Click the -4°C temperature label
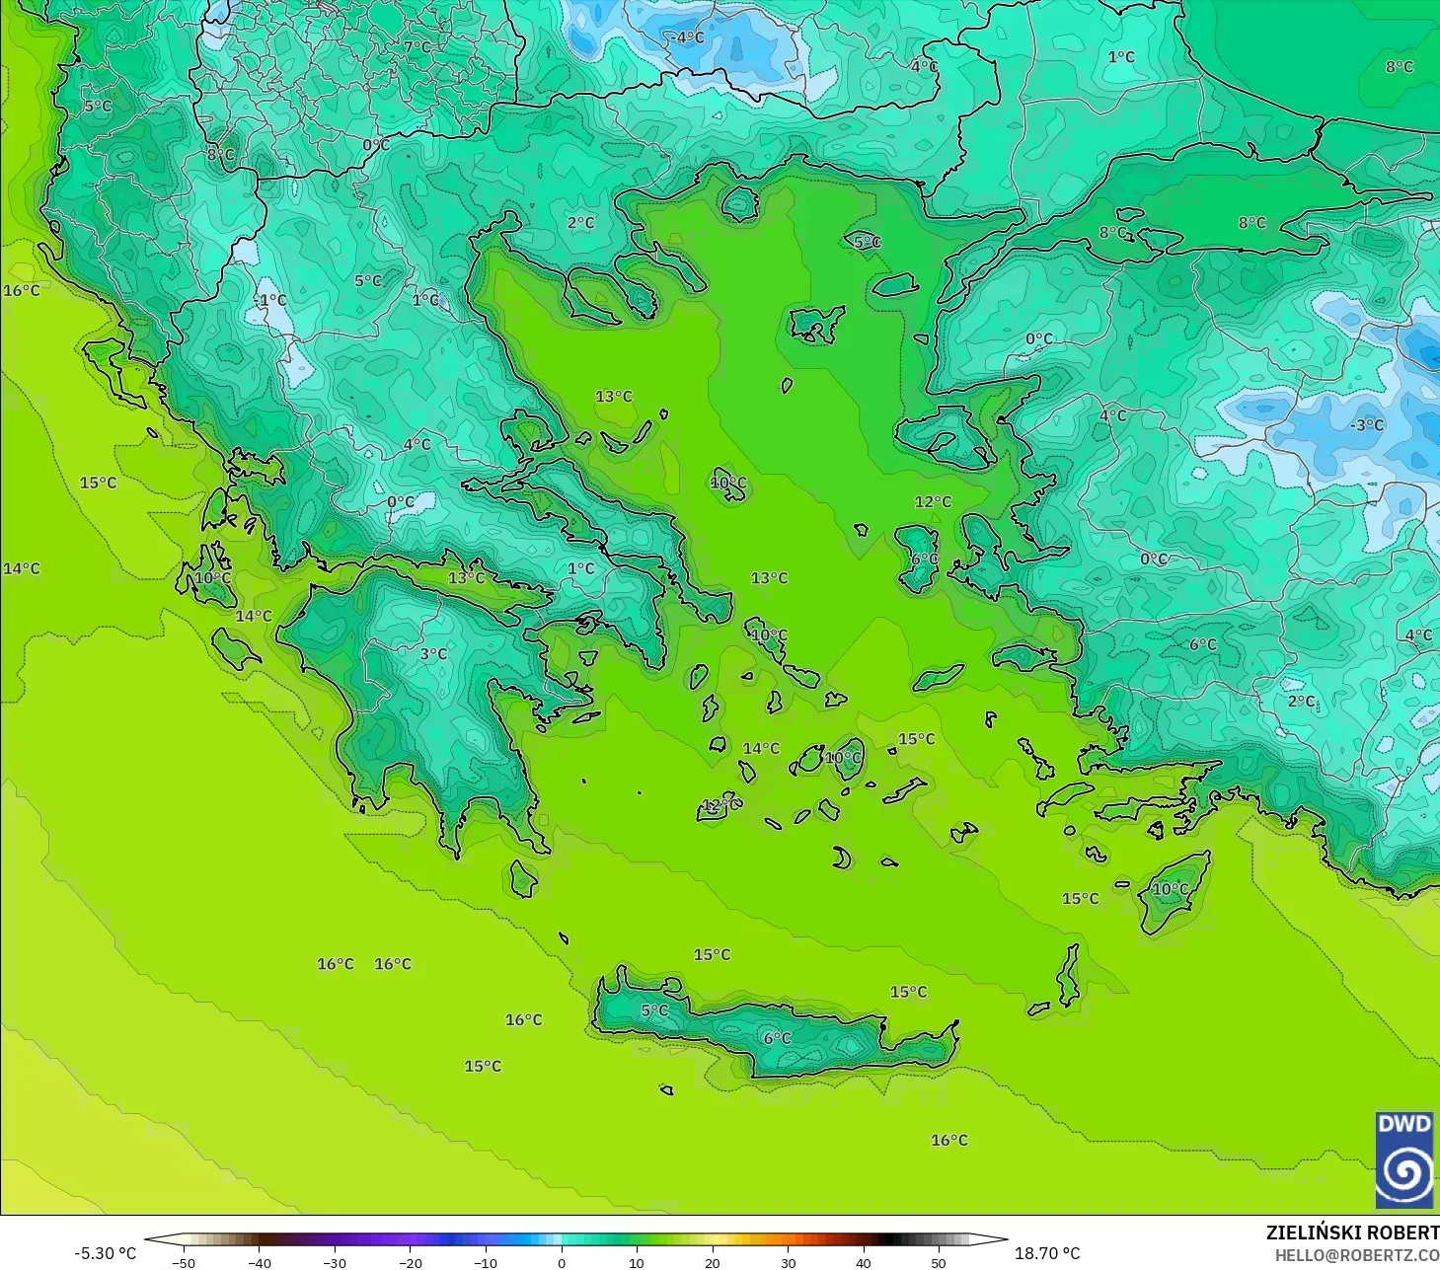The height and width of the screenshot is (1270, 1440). (x=688, y=37)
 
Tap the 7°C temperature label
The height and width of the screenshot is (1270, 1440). (x=417, y=46)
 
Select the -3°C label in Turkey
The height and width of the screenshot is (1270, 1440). (x=1366, y=425)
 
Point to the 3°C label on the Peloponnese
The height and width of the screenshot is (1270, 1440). (x=433, y=653)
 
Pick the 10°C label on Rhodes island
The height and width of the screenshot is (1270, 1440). (x=1171, y=889)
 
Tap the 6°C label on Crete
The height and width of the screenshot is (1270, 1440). (x=777, y=1038)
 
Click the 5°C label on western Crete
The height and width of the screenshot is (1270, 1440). (x=654, y=1010)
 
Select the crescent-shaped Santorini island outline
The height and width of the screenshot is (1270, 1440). (x=841, y=858)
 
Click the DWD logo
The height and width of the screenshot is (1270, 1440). (x=1403, y=1159)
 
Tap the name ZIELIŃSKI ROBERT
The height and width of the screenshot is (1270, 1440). (x=1352, y=1233)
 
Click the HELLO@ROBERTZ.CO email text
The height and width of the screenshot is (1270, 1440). (x=1356, y=1255)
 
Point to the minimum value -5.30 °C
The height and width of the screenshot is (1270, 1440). (x=106, y=1253)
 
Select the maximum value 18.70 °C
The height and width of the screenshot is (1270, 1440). (x=1047, y=1253)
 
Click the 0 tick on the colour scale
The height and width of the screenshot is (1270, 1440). (x=561, y=1262)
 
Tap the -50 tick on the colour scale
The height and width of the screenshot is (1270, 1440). (x=183, y=1262)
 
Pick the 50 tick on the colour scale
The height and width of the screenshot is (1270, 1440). (x=938, y=1262)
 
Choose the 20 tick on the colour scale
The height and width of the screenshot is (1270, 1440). (x=712, y=1262)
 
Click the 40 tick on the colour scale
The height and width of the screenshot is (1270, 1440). (x=863, y=1262)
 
